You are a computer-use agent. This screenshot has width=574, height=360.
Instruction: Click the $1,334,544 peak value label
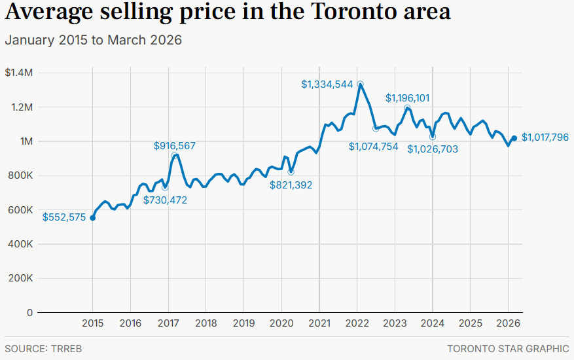tap(327, 84)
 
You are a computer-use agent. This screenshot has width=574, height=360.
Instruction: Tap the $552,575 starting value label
tap(64, 218)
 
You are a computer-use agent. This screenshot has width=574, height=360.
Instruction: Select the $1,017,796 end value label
tap(545, 138)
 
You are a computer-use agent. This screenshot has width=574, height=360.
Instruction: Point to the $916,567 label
tap(175, 146)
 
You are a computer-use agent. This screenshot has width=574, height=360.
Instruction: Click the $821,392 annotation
tap(291, 185)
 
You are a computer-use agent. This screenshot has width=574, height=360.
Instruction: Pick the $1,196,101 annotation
tap(407, 98)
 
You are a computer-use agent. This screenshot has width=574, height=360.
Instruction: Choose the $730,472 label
tap(166, 200)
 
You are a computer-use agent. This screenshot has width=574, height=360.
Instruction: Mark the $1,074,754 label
tap(373, 147)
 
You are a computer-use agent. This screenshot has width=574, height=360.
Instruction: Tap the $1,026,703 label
tap(433, 149)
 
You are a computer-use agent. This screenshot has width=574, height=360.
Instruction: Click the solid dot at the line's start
tap(92, 218)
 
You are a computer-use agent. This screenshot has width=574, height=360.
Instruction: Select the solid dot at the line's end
tap(514, 138)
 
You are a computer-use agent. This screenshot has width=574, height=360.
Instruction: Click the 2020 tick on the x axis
tap(281, 323)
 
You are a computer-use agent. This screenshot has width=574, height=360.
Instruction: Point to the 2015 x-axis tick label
tap(92, 323)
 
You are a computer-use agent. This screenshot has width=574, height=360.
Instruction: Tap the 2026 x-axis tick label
tap(509, 323)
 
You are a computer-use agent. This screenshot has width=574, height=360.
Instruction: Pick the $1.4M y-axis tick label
tap(18, 73)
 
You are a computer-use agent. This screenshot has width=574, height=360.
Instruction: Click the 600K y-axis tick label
tap(21, 210)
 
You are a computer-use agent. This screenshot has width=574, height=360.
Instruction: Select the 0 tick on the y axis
tap(30, 313)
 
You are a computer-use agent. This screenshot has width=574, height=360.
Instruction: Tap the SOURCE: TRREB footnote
tap(43, 349)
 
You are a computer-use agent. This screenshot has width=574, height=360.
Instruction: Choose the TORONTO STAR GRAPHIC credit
tap(508, 349)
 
